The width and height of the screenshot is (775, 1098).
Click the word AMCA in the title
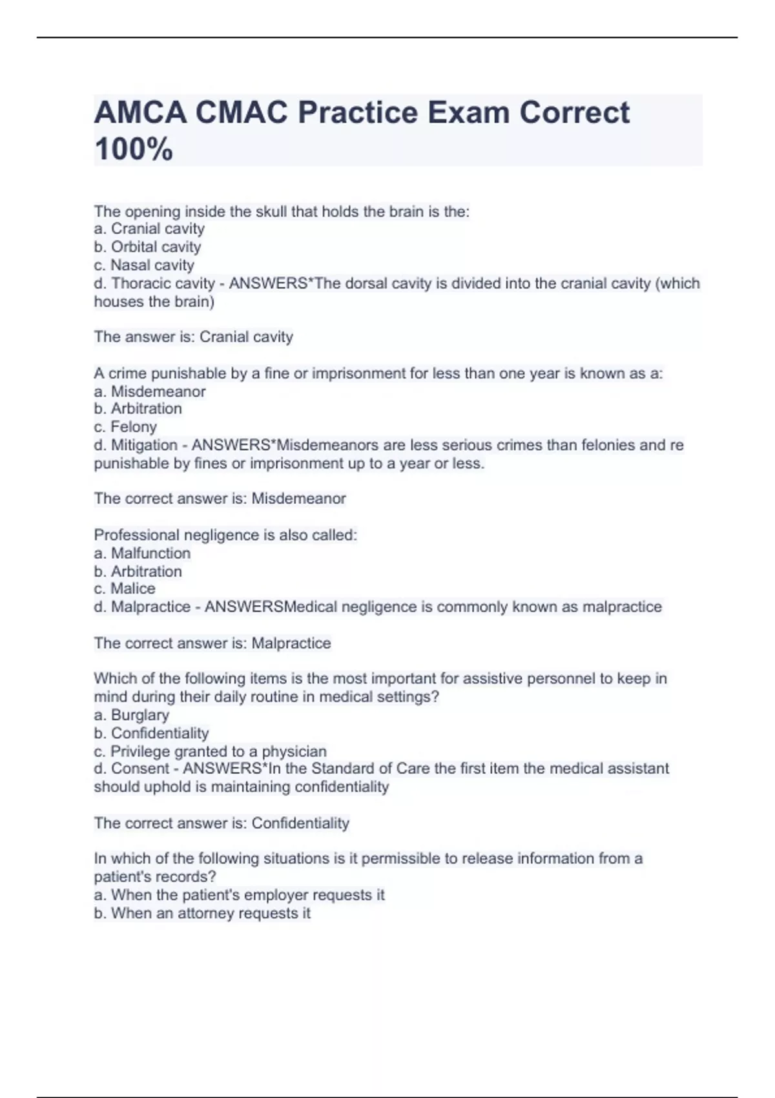(140, 113)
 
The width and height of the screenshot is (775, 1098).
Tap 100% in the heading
(134, 149)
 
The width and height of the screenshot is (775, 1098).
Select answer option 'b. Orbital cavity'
(147, 247)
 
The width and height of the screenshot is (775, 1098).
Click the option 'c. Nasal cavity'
(144, 265)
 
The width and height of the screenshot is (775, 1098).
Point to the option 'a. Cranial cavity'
(149, 229)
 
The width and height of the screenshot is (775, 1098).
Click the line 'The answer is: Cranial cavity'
(194, 337)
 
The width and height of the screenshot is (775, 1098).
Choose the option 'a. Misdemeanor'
(150, 391)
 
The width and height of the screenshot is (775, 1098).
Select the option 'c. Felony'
(125, 427)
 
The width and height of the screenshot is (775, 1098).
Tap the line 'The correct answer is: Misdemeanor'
(220, 499)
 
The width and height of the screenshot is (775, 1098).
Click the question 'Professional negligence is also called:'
(225, 535)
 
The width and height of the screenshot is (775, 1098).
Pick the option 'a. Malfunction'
(142, 553)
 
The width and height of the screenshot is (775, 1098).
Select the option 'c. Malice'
(125, 588)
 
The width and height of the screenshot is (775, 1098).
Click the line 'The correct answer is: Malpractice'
(212, 643)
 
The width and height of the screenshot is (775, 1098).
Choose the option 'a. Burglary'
(132, 715)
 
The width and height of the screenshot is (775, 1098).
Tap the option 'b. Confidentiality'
(151, 733)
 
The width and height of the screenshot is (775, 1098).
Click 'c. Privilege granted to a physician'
(210, 751)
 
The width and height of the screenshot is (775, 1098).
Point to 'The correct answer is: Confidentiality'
(222, 823)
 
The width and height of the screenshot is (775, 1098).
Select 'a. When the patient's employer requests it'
(239, 895)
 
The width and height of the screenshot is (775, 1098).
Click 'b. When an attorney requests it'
(202, 913)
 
